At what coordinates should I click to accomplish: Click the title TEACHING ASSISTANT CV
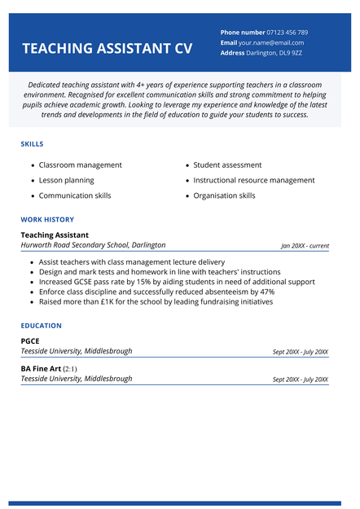click(x=107, y=49)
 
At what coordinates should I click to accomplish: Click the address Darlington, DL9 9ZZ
click(x=274, y=53)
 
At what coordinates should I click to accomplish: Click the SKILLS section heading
click(x=33, y=144)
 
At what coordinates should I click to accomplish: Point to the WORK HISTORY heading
click(x=47, y=219)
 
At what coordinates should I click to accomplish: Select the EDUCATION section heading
click(x=42, y=326)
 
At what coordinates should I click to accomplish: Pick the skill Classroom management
click(x=80, y=165)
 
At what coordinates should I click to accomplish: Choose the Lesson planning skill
click(x=66, y=181)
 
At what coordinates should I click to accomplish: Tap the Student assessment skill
click(x=227, y=165)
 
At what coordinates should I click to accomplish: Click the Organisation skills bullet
click(x=224, y=195)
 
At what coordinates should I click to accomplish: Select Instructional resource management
click(x=253, y=181)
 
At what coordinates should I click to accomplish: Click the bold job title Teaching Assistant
click(x=55, y=235)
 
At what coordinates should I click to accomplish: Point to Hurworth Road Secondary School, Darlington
click(x=93, y=245)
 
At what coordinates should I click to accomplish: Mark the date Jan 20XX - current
click(x=305, y=246)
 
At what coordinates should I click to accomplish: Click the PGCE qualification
click(x=30, y=341)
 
